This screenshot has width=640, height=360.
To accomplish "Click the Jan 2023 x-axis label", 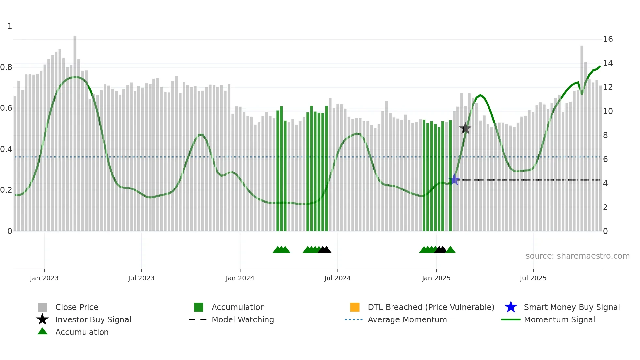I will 44,278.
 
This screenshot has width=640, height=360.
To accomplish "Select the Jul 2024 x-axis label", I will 337,278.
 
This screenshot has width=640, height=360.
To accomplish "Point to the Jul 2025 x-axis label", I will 533,278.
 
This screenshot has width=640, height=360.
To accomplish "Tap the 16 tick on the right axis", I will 608,39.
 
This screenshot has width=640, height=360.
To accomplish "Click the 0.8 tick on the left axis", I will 6,67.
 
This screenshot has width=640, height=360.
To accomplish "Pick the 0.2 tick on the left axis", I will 6,190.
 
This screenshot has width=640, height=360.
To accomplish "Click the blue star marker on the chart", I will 454,179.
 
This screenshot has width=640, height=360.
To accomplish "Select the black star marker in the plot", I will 465,128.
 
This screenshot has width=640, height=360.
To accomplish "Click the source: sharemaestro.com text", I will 577,256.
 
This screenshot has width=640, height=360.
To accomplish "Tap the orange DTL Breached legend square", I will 355,307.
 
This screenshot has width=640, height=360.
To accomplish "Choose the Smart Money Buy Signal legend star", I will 511,307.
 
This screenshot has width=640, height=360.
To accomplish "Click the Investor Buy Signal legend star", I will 42,319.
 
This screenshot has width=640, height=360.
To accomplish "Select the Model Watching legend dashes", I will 198,319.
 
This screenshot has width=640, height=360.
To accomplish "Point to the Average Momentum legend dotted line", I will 354,319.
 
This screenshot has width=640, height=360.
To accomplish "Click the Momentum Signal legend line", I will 511,319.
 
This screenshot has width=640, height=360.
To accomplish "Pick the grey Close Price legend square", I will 42,307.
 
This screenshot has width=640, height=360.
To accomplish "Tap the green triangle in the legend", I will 42,332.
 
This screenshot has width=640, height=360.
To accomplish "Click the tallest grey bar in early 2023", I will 75,131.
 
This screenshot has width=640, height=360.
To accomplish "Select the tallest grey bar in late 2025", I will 582,137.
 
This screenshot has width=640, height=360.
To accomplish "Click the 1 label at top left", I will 10,26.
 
